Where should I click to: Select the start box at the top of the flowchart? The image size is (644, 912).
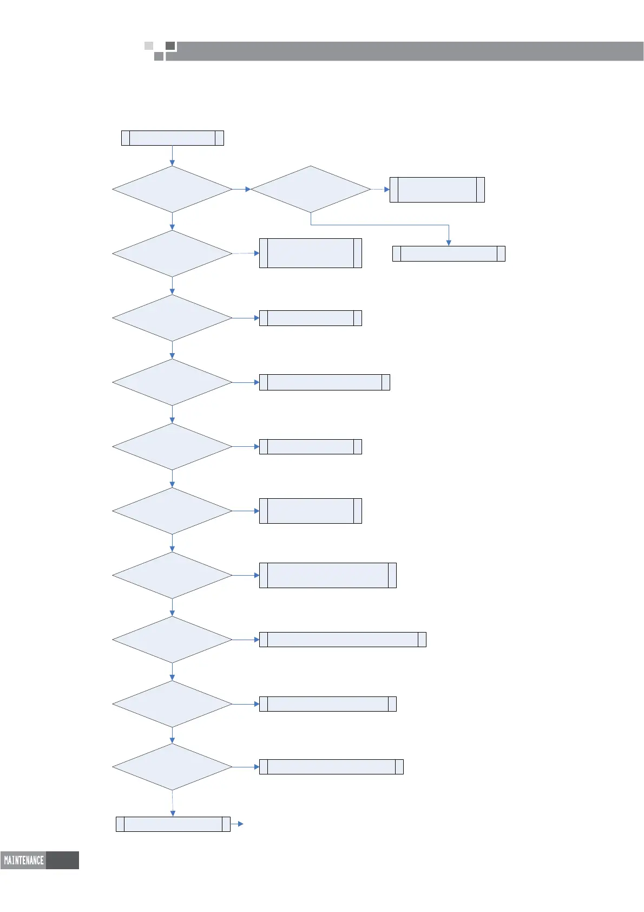172,138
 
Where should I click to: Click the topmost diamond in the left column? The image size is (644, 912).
172,189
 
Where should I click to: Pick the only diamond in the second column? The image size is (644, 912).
311,189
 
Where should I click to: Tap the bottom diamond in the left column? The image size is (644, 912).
172,767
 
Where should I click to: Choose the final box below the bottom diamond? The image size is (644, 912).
173,824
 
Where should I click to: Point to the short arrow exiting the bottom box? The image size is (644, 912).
237,824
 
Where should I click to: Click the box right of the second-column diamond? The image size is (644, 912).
437,190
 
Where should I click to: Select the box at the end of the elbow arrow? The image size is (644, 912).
449,253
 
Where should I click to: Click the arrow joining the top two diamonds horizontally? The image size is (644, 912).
241,189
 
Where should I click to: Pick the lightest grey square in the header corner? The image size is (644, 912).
149,45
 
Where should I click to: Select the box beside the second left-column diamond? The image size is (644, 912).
310,253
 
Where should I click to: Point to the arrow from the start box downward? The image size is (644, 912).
172,155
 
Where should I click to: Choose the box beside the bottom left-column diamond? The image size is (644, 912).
331,767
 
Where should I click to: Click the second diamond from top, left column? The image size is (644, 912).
172,253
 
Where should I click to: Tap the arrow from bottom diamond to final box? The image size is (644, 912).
173,804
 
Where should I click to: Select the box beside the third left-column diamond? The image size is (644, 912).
310,318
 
